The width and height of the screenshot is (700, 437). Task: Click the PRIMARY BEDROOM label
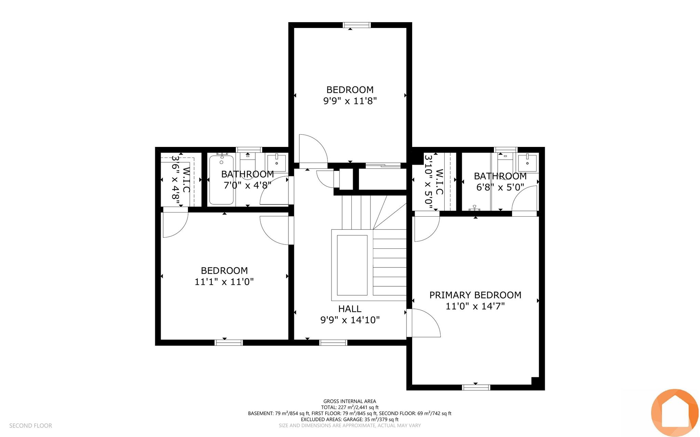pos(475,295)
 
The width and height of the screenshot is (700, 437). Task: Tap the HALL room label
pos(350,309)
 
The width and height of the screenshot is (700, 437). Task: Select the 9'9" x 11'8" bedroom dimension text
pos(350,101)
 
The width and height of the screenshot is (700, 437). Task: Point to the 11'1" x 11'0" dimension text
pos(224,282)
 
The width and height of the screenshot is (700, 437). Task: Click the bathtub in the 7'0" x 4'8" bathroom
pos(221,180)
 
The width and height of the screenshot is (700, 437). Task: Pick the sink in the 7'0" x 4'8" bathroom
pos(276,163)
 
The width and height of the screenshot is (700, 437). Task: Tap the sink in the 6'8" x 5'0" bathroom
pos(527,163)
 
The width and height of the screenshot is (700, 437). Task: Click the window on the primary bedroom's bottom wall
pos(476,387)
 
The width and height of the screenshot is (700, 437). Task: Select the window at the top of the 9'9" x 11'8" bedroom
pos(357,25)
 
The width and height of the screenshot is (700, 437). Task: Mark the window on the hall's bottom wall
pos(333,343)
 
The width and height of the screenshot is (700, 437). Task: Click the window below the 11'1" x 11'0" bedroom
pos(229,343)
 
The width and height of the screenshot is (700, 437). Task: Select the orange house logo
pos(675,413)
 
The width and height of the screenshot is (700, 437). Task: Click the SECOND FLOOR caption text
pos(31,426)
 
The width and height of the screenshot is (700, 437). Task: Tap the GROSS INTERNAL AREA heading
pos(350,401)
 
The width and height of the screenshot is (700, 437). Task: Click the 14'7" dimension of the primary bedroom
pos(493,306)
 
